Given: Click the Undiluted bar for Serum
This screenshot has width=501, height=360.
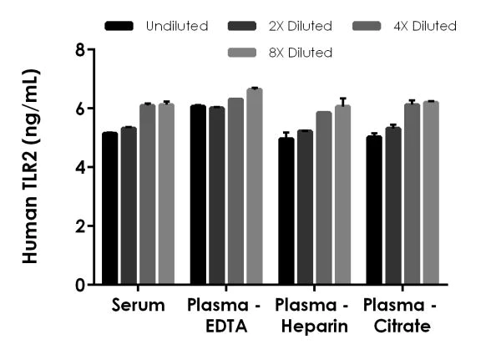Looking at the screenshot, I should tap(109, 208).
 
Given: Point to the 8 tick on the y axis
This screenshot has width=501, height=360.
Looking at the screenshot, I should tap(94, 49).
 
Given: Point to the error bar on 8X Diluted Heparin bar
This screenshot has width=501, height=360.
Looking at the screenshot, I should tap(342, 103).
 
